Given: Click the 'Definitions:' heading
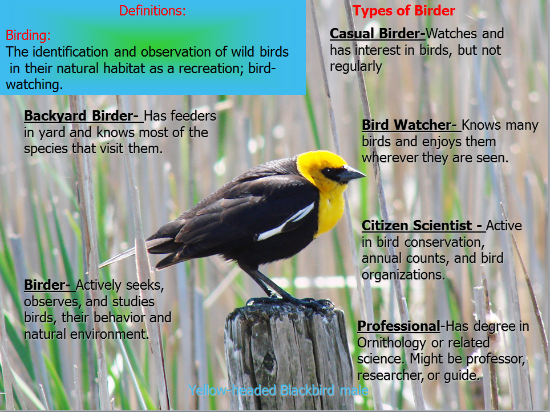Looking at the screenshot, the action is pyautogui.click(x=152, y=10).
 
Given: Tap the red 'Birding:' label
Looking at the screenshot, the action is pyautogui.click(x=28, y=35).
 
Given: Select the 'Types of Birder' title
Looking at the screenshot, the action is pyautogui.click(x=404, y=10).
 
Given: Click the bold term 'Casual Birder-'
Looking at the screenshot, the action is pyautogui.click(x=378, y=34).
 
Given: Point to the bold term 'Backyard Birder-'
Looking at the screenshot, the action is pyautogui.click(x=83, y=116).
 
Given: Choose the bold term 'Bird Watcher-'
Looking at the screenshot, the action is pyautogui.click(x=411, y=125).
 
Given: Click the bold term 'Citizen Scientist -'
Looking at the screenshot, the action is pyautogui.click(x=423, y=226).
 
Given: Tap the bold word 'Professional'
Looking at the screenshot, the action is pyautogui.click(x=398, y=326).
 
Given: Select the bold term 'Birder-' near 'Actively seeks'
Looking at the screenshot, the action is pyautogui.click(x=49, y=285).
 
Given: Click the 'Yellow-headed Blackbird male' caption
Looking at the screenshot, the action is pyautogui.click(x=278, y=390).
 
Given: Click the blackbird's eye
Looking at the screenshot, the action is pyautogui.click(x=330, y=172).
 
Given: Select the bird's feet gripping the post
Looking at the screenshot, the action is pyautogui.click(x=289, y=301).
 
